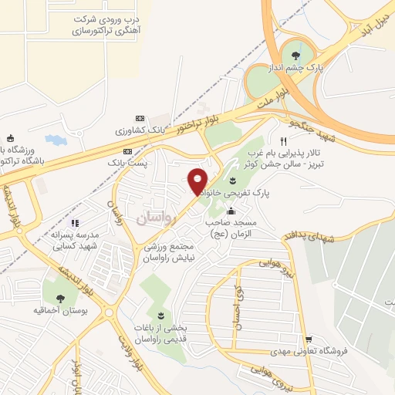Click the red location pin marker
point(197,181)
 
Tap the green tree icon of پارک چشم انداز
point(296,54)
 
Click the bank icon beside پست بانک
point(127,151)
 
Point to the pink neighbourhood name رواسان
point(157,218)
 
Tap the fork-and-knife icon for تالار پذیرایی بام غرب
point(284,141)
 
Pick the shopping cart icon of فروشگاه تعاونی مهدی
point(309,338)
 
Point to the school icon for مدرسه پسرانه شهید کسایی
point(75,224)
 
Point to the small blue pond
point(56,140)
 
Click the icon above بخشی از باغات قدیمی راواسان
point(160,316)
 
